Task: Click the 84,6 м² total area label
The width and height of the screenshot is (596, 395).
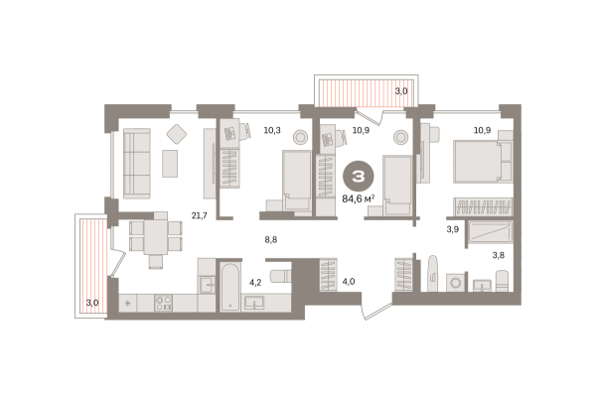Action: coord(359,198)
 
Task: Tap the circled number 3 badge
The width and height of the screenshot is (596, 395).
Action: coord(359,177)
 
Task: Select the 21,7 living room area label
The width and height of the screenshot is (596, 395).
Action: coord(200,215)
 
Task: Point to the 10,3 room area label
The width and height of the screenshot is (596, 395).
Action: coord(272,130)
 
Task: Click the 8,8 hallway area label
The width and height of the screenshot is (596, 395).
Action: coord(270,239)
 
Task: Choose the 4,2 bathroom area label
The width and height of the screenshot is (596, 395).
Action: coord(255,282)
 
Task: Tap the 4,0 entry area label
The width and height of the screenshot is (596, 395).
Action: coord(349,282)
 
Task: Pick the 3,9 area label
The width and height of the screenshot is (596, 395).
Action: coord(452,229)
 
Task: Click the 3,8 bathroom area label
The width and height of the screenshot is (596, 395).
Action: coord(499,255)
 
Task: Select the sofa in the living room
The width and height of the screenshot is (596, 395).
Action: coord(137,164)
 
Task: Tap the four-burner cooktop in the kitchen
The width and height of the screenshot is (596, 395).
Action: coord(164,303)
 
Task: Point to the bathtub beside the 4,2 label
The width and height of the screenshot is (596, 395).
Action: coord(230,287)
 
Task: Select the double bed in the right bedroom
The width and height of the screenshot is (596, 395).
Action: coord(483,162)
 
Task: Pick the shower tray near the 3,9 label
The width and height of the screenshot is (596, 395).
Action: coord(491,231)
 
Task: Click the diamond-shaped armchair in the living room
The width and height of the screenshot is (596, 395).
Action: coord(177,134)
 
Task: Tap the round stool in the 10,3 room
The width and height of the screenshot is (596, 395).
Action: coord(300,137)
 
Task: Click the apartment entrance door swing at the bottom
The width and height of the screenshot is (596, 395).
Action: coord(376,312)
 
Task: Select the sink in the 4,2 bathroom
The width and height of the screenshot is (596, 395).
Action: coord(254,303)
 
